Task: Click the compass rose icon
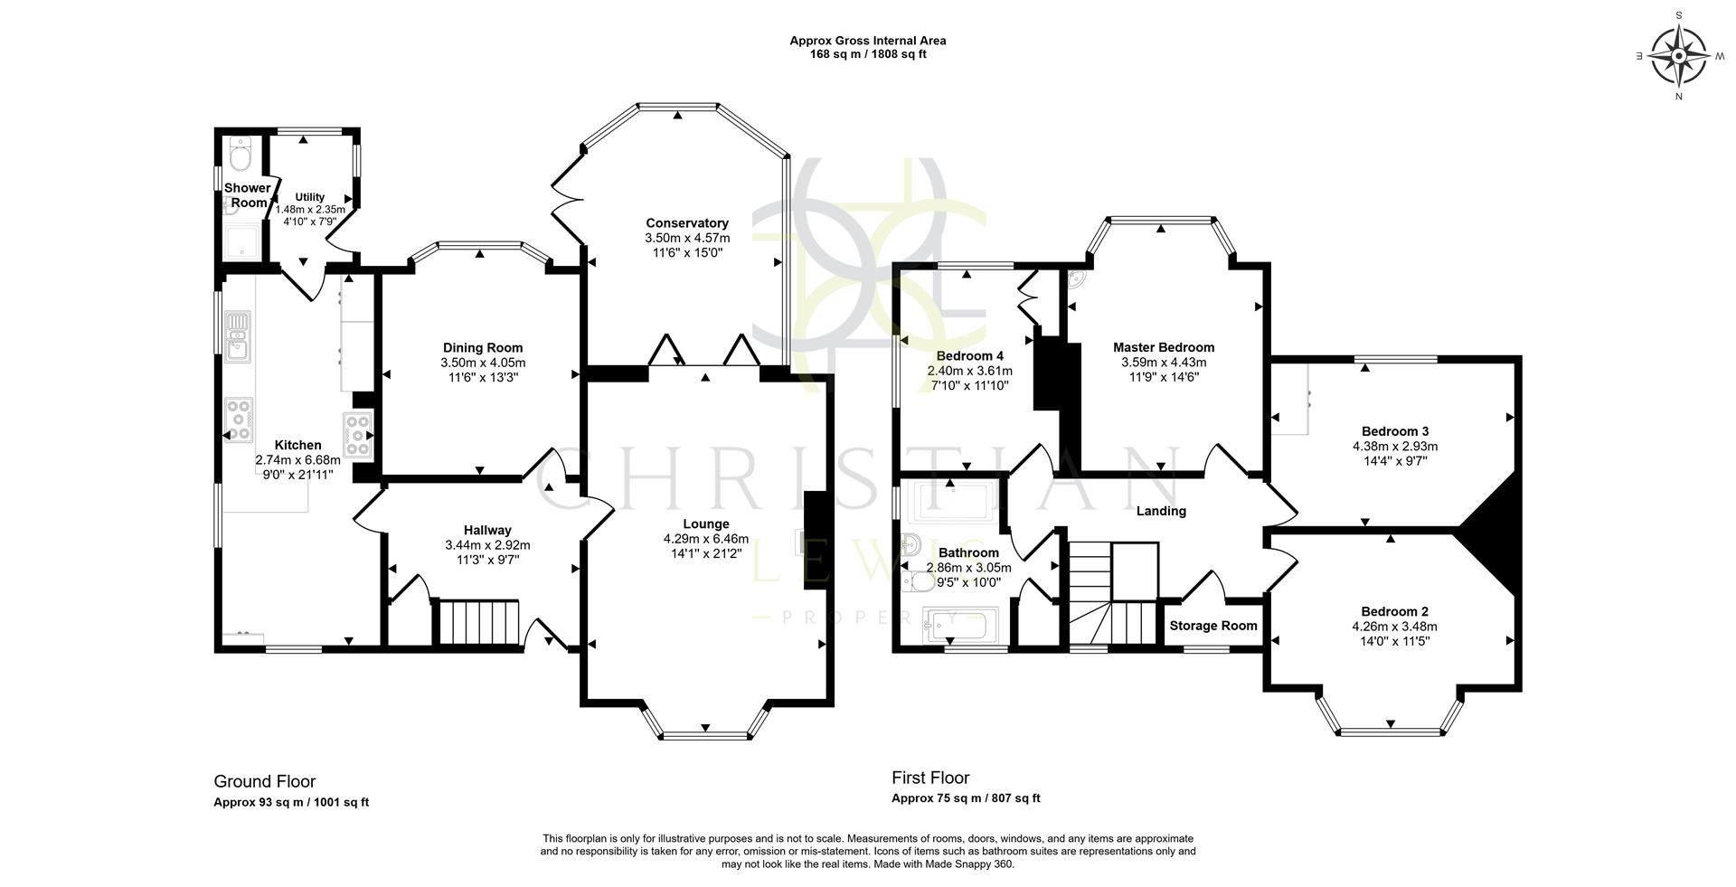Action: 1678,55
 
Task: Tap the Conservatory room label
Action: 686,223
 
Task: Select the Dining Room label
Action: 483,348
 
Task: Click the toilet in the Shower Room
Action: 240,159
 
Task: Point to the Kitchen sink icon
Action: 239,335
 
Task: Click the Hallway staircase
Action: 479,621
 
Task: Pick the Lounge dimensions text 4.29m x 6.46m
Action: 705,539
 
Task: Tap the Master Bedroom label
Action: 1163,347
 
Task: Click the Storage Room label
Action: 1212,626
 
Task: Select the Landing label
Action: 1161,511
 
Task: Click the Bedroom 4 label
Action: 969,356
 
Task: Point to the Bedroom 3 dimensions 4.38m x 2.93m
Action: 1394,446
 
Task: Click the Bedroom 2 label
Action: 1394,611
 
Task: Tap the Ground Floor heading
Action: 264,781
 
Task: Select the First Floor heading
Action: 930,778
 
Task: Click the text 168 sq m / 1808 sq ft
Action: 867,54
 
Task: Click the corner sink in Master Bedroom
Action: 1077,278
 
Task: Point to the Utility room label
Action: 309,197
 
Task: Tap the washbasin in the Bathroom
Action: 911,544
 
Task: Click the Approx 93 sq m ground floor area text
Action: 290,802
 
